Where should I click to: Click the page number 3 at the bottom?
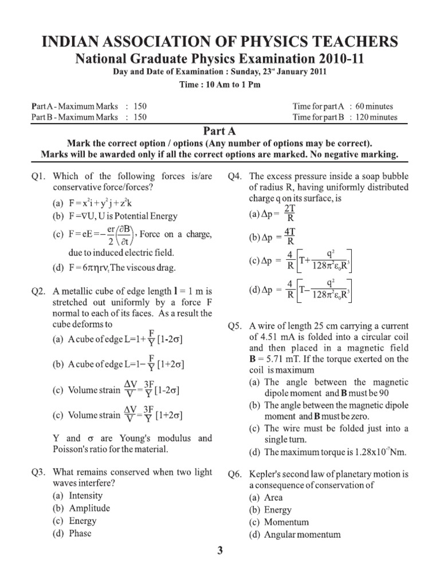pyautogui.click(x=220, y=551)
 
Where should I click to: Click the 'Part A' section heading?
pyautogui.click(x=219, y=131)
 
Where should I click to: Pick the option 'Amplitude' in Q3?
pyautogui.click(x=89, y=508)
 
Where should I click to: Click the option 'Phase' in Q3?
pyautogui.click(x=80, y=533)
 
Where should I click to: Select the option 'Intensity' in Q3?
pyautogui.click(x=86, y=496)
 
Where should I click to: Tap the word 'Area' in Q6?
pyautogui.click(x=274, y=498)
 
